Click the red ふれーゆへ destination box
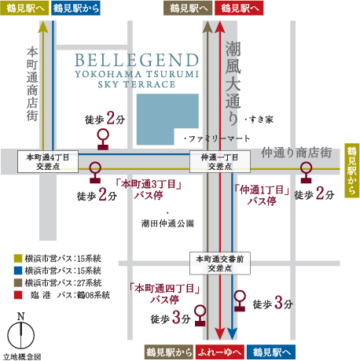point(217,352)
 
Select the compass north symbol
point(22,334)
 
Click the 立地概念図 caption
point(21,356)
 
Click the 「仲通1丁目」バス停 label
point(262,194)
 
